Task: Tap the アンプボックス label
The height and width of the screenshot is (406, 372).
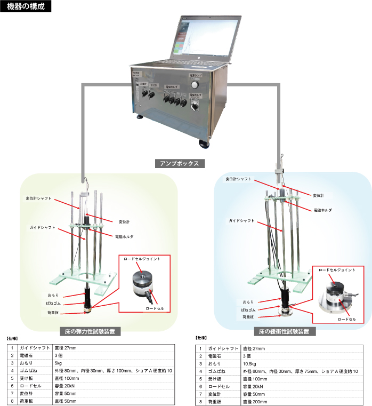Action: (179, 163)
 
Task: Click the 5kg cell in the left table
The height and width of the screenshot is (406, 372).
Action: (59, 363)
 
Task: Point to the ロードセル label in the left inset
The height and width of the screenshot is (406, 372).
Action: (155, 308)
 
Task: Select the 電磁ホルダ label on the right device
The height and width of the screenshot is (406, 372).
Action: (323, 210)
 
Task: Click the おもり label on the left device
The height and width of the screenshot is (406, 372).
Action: (54, 295)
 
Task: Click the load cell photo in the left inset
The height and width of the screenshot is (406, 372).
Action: (142, 283)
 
